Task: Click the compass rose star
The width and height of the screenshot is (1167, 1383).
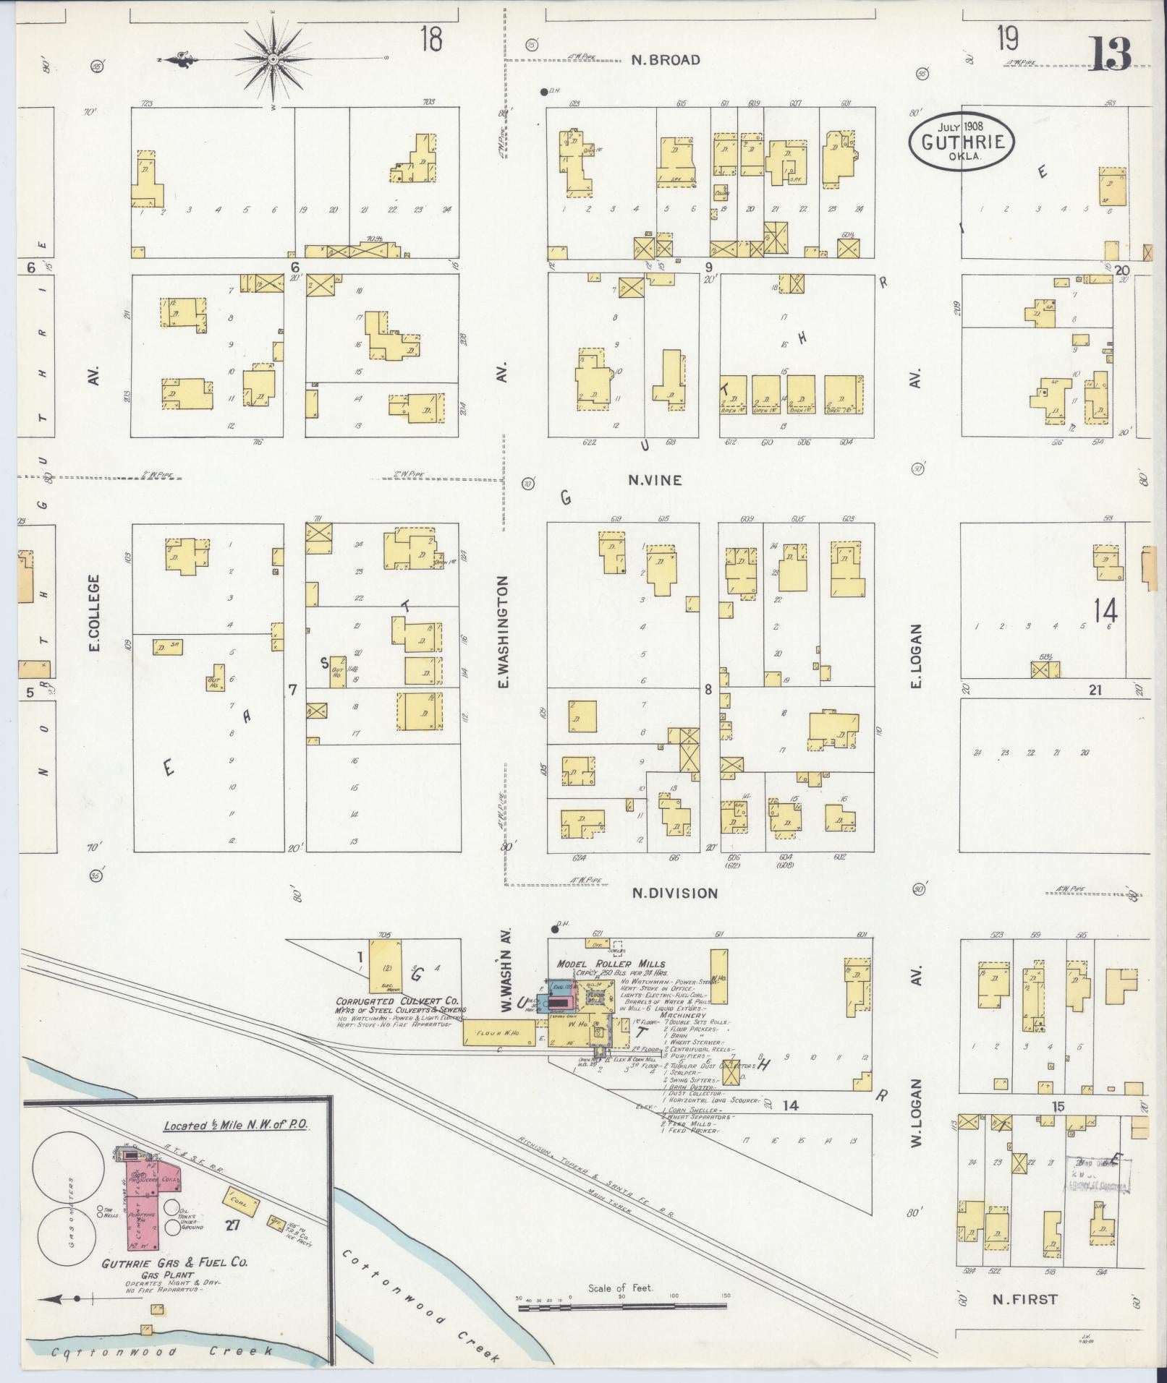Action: tap(273, 58)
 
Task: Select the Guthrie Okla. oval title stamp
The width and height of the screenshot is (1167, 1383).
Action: tap(962, 142)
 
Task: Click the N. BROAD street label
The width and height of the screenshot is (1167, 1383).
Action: tap(665, 60)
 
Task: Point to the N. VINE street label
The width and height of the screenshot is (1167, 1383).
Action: tap(655, 479)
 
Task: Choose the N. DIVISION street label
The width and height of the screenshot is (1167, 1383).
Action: tap(674, 893)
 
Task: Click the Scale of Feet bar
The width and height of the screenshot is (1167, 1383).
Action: tap(622, 1306)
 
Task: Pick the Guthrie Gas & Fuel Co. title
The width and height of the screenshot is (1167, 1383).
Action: tap(174, 1262)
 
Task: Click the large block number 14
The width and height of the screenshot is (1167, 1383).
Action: tap(1106, 611)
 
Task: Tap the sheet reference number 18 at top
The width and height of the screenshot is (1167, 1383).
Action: tap(430, 38)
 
